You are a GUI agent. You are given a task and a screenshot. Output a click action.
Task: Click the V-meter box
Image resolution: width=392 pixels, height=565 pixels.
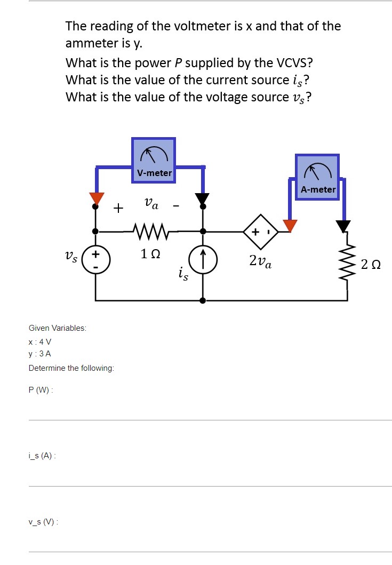154,160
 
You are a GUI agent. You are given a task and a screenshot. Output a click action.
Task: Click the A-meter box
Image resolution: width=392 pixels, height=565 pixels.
317,177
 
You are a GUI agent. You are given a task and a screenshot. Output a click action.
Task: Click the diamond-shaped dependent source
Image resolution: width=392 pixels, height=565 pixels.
261,232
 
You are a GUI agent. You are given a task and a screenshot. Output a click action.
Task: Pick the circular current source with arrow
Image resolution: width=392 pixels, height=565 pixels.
203,260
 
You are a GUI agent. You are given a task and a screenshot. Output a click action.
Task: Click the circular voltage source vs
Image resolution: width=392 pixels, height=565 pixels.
96,260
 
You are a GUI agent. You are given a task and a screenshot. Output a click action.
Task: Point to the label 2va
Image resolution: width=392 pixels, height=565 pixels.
260,261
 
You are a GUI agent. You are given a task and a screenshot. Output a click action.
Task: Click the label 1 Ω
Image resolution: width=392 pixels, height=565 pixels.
150,254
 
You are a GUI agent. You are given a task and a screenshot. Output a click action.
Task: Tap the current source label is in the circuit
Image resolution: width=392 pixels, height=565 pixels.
183,275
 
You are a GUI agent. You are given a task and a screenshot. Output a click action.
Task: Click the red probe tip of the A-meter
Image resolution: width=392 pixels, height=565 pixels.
290,226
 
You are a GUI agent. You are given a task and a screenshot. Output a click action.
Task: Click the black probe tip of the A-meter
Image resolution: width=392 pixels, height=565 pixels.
343,226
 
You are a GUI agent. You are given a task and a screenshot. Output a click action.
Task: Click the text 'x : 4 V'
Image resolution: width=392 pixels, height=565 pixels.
40,341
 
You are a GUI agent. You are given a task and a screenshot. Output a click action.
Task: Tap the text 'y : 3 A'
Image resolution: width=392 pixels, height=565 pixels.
40,354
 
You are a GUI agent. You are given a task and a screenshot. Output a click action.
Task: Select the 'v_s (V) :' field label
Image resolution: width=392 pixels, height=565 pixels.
43,522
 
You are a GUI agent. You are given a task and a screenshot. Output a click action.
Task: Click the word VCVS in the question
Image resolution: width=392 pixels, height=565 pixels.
292,63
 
